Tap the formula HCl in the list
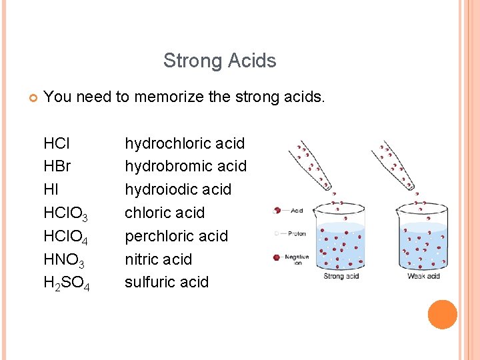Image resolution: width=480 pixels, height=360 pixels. [x=57, y=143]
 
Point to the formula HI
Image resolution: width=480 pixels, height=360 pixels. [x=51, y=189]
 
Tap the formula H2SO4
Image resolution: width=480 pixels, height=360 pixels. [x=66, y=283]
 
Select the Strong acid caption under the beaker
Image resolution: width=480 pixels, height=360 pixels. [x=341, y=276]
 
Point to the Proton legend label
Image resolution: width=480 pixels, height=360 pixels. [x=297, y=233]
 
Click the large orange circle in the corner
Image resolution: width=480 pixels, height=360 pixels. [x=443, y=315]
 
